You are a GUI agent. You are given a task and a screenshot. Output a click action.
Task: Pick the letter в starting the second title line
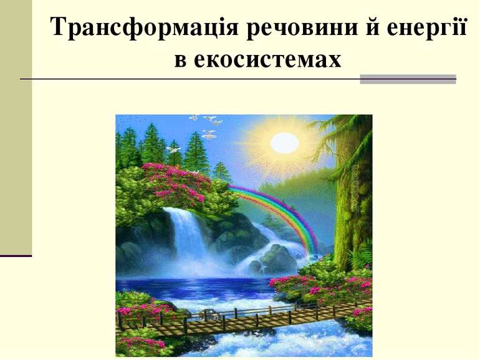180,60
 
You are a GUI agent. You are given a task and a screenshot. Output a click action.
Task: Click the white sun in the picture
284,142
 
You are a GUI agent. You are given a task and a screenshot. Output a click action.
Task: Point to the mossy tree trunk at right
347,212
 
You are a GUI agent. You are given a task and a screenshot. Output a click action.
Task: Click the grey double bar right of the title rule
408,79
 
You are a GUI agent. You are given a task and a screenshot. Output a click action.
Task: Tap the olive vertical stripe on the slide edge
16,125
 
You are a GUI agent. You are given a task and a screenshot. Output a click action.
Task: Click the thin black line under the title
187,79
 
